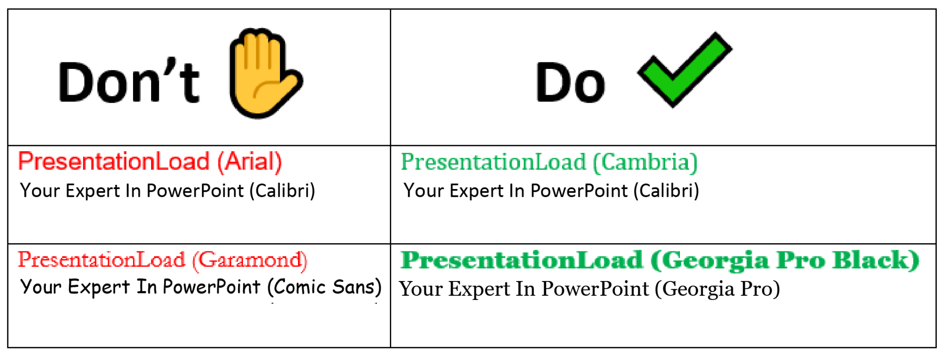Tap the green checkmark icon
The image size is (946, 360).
[x=684, y=69]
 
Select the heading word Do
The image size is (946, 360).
[x=570, y=82]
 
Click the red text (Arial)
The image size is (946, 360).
[x=249, y=162]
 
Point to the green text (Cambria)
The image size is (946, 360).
[x=645, y=163]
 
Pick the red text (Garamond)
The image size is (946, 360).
[x=250, y=260]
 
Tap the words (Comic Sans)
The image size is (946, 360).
[x=325, y=287]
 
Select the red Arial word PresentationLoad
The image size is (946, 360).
[x=114, y=162]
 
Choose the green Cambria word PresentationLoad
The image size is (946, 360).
[x=493, y=162]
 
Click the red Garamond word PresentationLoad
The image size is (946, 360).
[x=102, y=260]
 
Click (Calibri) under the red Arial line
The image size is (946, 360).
[x=283, y=191]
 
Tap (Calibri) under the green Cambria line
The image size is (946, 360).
[x=667, y=191]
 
